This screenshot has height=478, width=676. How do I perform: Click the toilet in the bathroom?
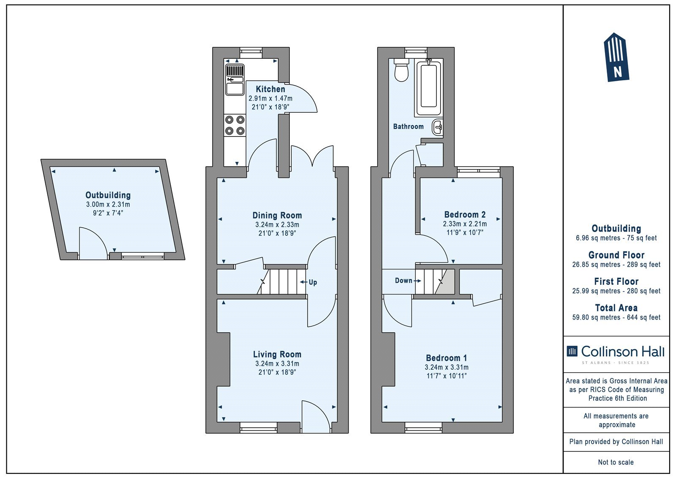[x=401, y=70]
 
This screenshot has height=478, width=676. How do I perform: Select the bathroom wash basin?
[x=437, y=128]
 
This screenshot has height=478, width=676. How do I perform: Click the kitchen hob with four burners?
[x=235, y=126]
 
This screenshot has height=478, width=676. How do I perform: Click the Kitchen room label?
[x=270, y=89]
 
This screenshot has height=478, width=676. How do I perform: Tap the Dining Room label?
[x=277, y=215]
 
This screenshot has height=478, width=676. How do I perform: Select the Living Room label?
[x=277, y=354]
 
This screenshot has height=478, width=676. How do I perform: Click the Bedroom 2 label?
[x=465, y=214]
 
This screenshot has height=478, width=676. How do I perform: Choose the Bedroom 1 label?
[x=446, y=358]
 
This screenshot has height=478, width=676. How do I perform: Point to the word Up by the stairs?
[x=313, y=282]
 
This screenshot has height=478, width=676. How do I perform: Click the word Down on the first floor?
[x=403, y=281]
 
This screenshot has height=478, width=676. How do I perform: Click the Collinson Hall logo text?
[x=623, y=352]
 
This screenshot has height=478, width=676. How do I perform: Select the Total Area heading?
[x=616, y=308]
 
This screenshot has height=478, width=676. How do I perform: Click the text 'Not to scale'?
[x=616, y=462]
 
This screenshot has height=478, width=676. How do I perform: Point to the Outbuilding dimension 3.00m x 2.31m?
[x=108, y=205]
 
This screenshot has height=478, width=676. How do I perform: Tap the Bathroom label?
[x=408, y=126]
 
